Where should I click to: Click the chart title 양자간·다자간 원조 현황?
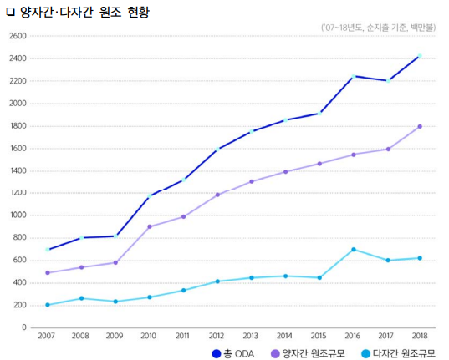tap(84, 12)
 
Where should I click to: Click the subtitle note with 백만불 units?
tap(377, 28)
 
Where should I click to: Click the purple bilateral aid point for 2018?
tap(420, 127)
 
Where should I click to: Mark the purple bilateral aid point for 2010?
tap(150, 226)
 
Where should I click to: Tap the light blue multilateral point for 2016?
tap(353, 250)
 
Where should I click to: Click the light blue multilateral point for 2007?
tap(48, 305)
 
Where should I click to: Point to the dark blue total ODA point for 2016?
tap(353, 76)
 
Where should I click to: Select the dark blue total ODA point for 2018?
tap(420, 56)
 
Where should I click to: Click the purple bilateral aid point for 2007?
tap(48, 273)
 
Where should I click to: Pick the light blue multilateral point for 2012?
tap(217, 281)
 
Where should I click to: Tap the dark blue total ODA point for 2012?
tap(217, 150)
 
